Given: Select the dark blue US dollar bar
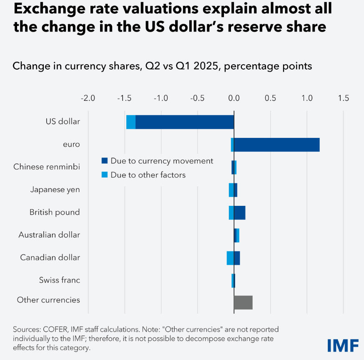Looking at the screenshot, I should (185, 122).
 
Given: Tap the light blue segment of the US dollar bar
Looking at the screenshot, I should (131, 122).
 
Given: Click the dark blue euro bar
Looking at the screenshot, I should (277, 145).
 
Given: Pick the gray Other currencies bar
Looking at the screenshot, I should (243, 302).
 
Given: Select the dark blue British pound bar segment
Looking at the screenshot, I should (240, 212).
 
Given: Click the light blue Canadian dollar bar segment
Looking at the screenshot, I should (230, 258).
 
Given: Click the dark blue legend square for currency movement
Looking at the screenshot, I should (105, 161).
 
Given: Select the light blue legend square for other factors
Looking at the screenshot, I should (105, 175).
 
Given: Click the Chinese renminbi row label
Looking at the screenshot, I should (47, 167).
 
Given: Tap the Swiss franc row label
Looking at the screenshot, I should (60, 280).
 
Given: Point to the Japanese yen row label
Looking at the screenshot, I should (55, 190).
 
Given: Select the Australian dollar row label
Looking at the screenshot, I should (49, 235).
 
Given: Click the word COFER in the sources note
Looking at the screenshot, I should (51, 329).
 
